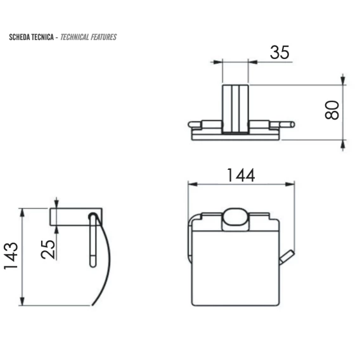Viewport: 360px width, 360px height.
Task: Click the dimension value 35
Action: [x=280, y=53]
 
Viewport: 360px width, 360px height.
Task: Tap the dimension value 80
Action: [x=332, y=110]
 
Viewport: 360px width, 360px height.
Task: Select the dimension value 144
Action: [x=241, y=176]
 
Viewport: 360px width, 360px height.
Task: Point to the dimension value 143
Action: [x=11, y=255]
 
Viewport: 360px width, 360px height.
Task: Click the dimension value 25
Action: [x=48, y=250]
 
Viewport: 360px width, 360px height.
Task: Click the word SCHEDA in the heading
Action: [x=20, y=37]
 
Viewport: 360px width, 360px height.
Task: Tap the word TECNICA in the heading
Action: [x=42, y=37]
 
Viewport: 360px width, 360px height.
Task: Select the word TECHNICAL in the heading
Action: [x=75, y=37]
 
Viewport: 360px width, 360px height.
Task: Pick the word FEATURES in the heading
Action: [x=103, y=37]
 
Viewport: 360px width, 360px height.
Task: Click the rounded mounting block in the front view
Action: [x=235, y=219]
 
